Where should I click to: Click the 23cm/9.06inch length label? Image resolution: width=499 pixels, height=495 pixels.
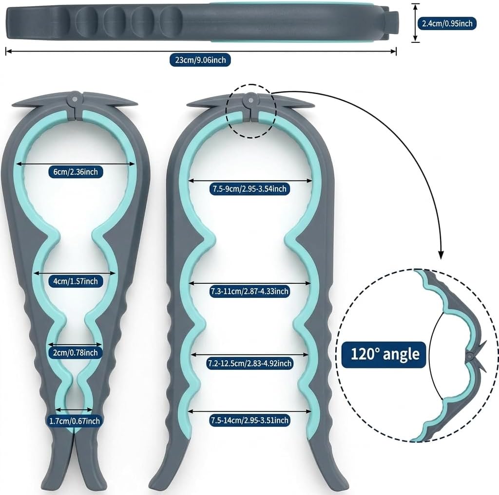point(200,60)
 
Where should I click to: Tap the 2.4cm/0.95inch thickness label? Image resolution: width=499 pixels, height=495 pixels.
point(447,23)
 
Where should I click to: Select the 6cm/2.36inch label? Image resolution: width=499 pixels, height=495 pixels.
point(76,172)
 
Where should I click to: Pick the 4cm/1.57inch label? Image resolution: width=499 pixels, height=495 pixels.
point(76,281)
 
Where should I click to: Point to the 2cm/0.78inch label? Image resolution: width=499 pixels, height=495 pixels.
point(76,352)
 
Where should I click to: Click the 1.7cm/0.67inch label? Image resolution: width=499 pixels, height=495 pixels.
point(75,421)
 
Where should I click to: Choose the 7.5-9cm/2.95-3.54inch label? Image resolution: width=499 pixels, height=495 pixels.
point(249,188)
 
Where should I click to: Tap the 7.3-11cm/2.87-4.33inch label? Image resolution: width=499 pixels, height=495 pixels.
point(249,291)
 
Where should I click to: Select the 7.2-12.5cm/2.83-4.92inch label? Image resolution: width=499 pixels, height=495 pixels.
point(249,363)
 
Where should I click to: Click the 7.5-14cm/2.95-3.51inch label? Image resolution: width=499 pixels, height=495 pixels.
point(249,421)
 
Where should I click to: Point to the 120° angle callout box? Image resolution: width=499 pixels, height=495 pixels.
point(384,354)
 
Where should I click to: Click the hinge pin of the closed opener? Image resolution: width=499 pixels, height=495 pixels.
point(75,99)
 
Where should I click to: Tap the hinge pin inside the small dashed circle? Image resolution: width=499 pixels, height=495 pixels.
point(250,100)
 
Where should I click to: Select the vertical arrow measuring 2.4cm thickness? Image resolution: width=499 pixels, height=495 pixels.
point(415,23)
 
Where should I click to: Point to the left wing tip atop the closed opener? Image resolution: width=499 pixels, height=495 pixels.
point(13,105)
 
